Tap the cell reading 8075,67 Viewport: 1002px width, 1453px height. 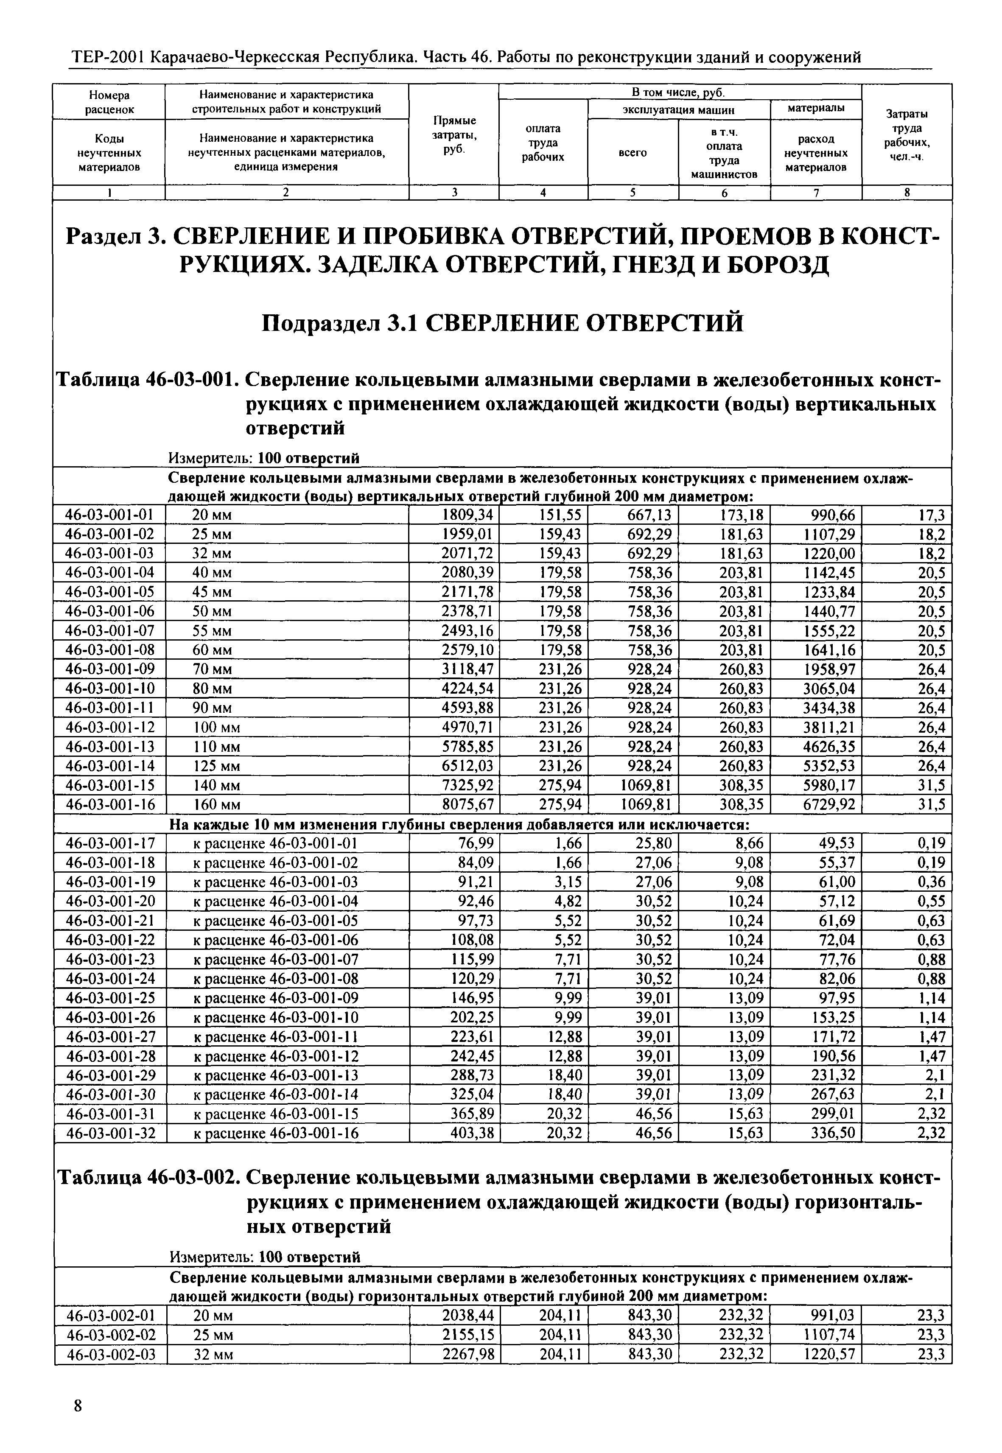[468, 804]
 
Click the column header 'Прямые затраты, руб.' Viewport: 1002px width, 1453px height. [454, 134]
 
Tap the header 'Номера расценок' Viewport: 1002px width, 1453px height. [109, 102]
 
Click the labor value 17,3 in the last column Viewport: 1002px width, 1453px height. [932, 515]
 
